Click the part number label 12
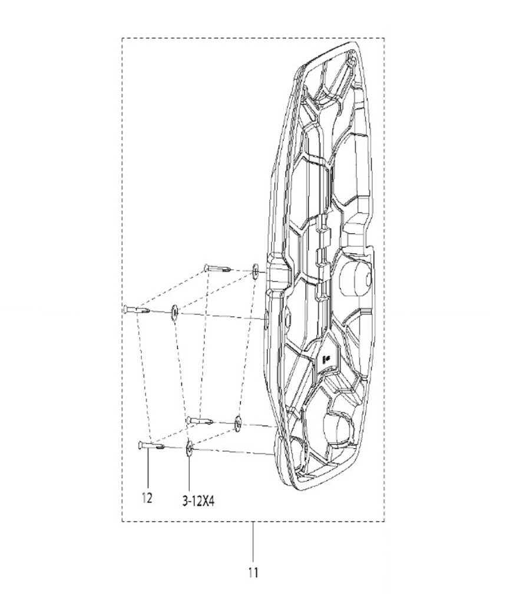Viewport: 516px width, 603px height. [147, 498]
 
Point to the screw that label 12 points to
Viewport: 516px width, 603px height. [151, 446]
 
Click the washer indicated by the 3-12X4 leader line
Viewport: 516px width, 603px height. [189, 449]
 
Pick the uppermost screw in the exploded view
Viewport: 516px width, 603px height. [217, 268]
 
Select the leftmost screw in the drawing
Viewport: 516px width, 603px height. [137, 309]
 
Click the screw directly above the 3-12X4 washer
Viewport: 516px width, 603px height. [200, 421]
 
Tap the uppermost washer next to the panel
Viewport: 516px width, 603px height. [255, 271]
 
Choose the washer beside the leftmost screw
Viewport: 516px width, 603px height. [174, 313]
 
